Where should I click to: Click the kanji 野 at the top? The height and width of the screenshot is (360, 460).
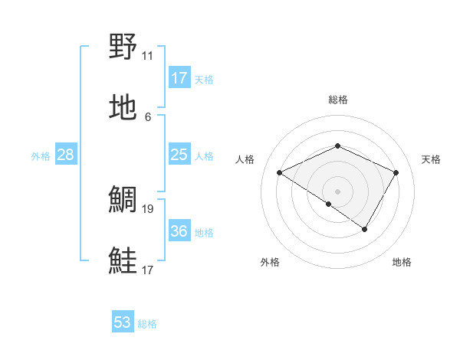pyautogui.click(x=124, y=47)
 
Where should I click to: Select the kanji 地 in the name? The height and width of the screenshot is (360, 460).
pyautogui.click(x=124, y=106)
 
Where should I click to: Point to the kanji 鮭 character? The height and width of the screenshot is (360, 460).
pyautogui.click(x=124, y=260)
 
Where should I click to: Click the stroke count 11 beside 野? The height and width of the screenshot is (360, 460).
pyautogui.click(x=147, y=56)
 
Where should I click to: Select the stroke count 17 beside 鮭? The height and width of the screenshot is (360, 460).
pyautogui.click(x=147, y=270)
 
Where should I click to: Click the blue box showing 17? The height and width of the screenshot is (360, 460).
pyautogui.click(x=179, y=78)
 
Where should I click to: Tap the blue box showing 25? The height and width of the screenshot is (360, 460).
pyautogui.click(x=179, y=155)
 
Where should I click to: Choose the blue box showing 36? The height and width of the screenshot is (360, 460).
pyautogui.click(x=179, y=231)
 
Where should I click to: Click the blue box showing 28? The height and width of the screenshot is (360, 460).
pyautogui.click(x=66, y=155)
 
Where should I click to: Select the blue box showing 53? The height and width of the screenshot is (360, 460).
pyautogui.click(x=123, y=322)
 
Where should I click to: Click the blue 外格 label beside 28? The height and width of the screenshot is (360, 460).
pyautogui.click(x=41, y=156)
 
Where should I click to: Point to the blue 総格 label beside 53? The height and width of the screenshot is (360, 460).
pyautogui.click(x=147, y=324)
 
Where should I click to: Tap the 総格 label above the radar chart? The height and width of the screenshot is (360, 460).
pyautogui.click(x=337, y=100)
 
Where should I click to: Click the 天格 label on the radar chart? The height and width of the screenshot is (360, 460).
pyautogui.click(x=432, y=159)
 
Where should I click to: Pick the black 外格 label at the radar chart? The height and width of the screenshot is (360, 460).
pyautogui.click(x=270, y=263)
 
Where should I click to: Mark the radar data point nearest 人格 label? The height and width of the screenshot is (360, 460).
pyautogui.click(x=280, y=173)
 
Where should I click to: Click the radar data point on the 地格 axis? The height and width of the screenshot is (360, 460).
pyautogui.click(x=365, y=229)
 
